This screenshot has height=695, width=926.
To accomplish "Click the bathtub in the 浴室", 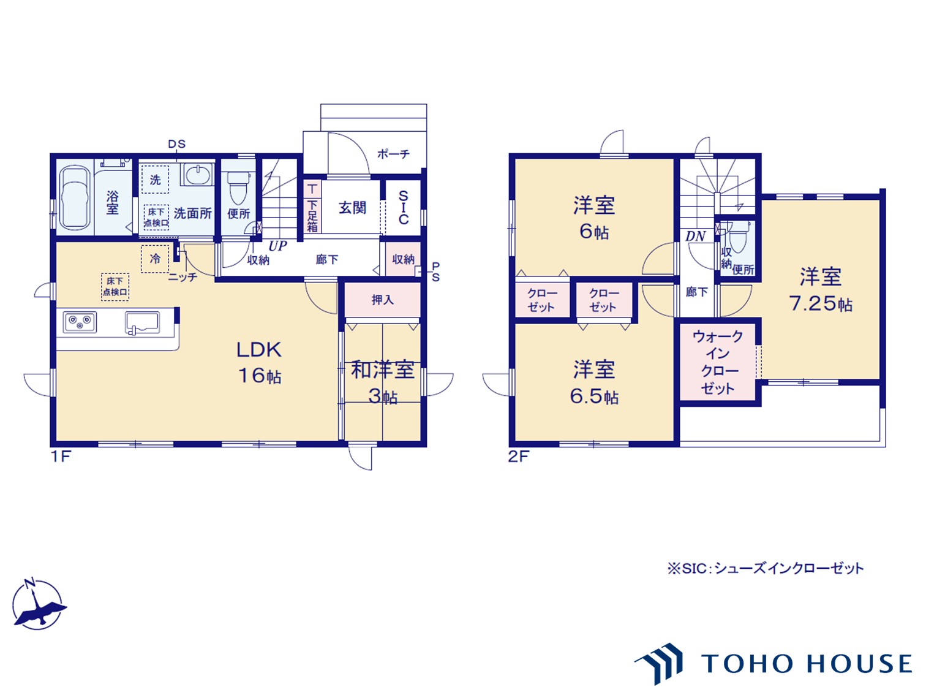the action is point(75,198).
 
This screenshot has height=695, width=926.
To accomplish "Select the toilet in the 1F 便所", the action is point(238,188).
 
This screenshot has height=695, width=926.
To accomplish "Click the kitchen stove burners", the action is point(80,322).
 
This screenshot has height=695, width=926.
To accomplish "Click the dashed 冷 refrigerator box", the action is point(155,259).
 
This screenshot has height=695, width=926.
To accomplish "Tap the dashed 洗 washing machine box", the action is point(155,180).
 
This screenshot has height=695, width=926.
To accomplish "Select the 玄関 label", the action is point(352,208).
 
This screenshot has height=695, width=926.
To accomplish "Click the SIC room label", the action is point(404,207).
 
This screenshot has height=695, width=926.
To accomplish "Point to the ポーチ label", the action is point(393,154).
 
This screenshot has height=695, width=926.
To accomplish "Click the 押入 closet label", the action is point(382,300).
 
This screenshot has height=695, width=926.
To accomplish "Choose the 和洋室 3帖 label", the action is point(383,382).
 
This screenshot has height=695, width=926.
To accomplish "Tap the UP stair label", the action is point(277,246).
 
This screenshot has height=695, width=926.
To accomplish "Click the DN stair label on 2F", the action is point(695,237).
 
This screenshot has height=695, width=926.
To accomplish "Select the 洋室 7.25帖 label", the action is point(821,290).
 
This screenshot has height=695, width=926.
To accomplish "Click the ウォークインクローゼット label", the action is point(718,362).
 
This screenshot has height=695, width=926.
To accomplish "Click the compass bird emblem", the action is point(37,605).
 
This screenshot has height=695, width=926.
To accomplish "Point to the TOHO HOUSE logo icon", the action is point(658,664).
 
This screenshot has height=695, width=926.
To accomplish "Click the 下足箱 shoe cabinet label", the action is point(312,216).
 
